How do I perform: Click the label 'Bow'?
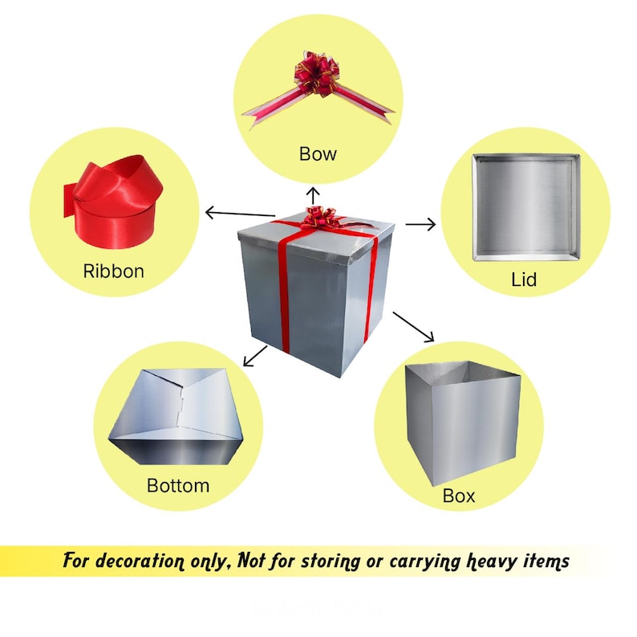pyautogui.click(x=318, y=153)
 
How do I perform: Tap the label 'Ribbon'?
pyautogui.click(x=113, y=271)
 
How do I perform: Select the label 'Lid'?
pyautogui.click(x=524, y=280)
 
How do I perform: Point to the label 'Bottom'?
pyautogui.click(x=178, y=485)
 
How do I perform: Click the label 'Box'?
pyautogui.click(x=459, y=496)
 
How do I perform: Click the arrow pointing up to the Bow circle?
pyautogui.click(x=313, y=196)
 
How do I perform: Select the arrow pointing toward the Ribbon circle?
pyautogui.click(x=240, y=213)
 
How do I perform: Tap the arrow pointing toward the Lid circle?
pyautogui.click(x=420, y=224)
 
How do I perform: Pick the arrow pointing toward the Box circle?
pyautogui.click(x=413, y=327)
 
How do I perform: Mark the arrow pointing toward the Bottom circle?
pyautogui.click(x=254, y=356)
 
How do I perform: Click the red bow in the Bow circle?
pyautogui.click(x=318, y=87)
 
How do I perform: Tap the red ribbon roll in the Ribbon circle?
pyautogui.click(x=113, y=202)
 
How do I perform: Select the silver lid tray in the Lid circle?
pyautogui.click(x=526, y=207)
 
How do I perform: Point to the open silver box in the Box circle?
pyautogui.click(x=463, y=423)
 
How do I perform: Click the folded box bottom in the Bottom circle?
pyautogui.click(x=176, y=417)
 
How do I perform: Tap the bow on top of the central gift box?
pyautogui.click(x=321, y=218)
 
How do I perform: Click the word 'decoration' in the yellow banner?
pyautogui.click(x=140, y=561)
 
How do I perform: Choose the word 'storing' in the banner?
pyautogui.click(x=331, y=561)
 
